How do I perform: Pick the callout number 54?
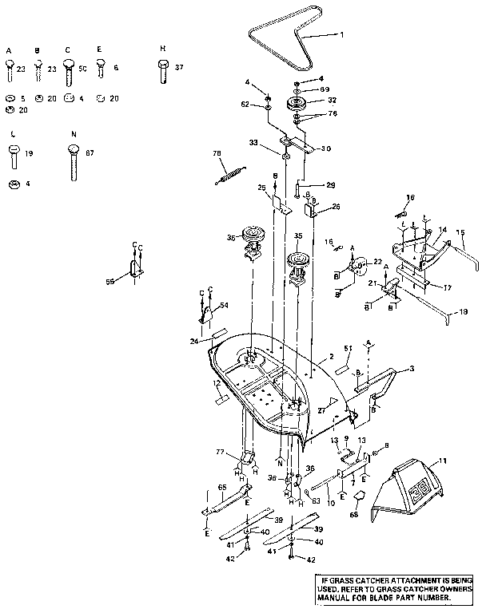click(224, 306)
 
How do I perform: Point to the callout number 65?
click(222, 487)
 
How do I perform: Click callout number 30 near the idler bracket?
click(325, 148)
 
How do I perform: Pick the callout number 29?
click(309, 185)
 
